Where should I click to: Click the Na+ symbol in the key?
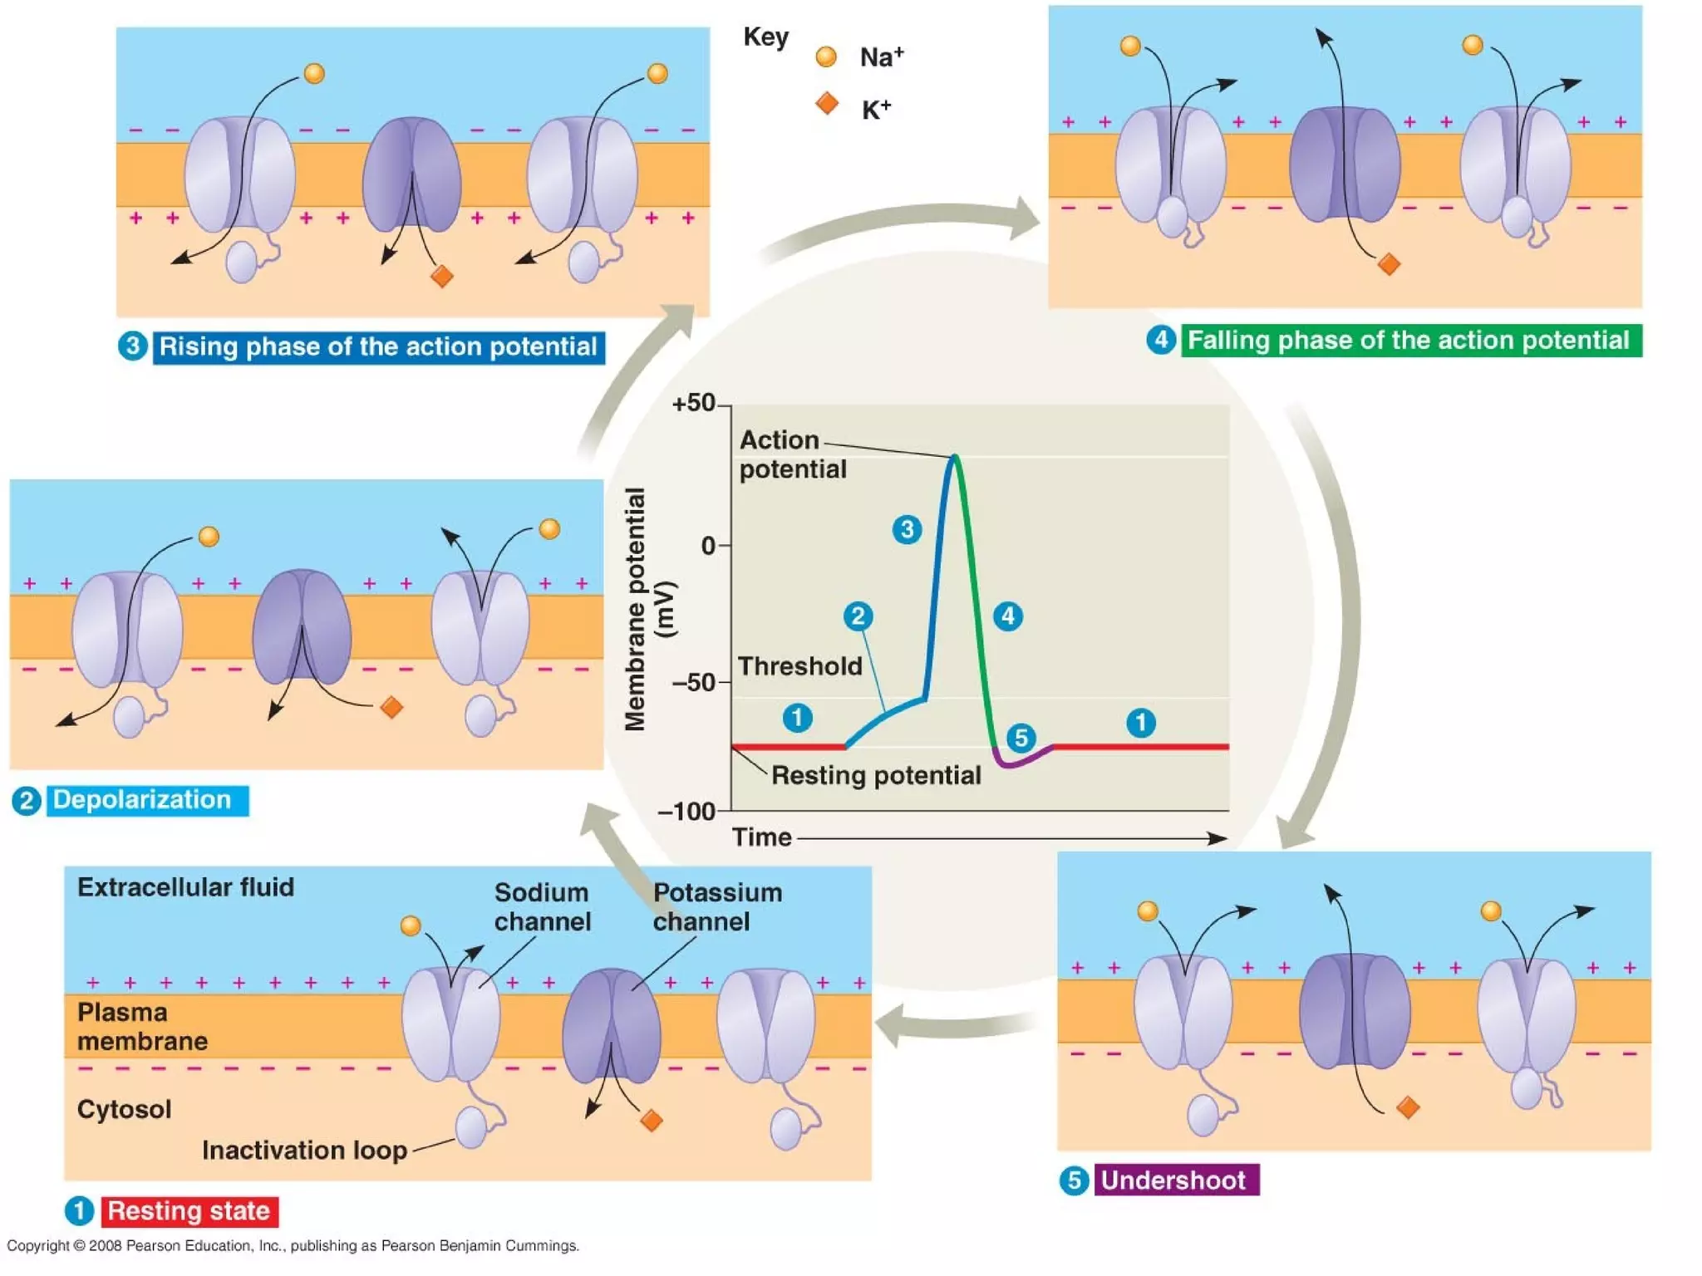(825, 56)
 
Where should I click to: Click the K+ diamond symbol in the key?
(826, 104)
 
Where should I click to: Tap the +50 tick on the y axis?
(695, 404)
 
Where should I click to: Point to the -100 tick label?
(686, 811)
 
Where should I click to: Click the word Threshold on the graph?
(799, 666)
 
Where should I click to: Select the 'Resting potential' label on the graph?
(876, 775)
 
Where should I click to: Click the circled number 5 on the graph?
(1021, 737)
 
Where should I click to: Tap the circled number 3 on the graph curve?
(907, 529)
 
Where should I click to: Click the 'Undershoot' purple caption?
(1175, 1180)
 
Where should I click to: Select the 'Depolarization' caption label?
(143, 800)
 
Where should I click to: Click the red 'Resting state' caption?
(189, 1211)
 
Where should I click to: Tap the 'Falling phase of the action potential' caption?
(1409, 341)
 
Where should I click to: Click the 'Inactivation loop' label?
(304, 1150)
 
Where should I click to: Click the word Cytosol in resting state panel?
(124, 1109)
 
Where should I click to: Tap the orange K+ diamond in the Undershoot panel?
(1408, 1107)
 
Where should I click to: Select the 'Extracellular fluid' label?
(185, 887)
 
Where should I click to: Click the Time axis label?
(761, 837)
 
